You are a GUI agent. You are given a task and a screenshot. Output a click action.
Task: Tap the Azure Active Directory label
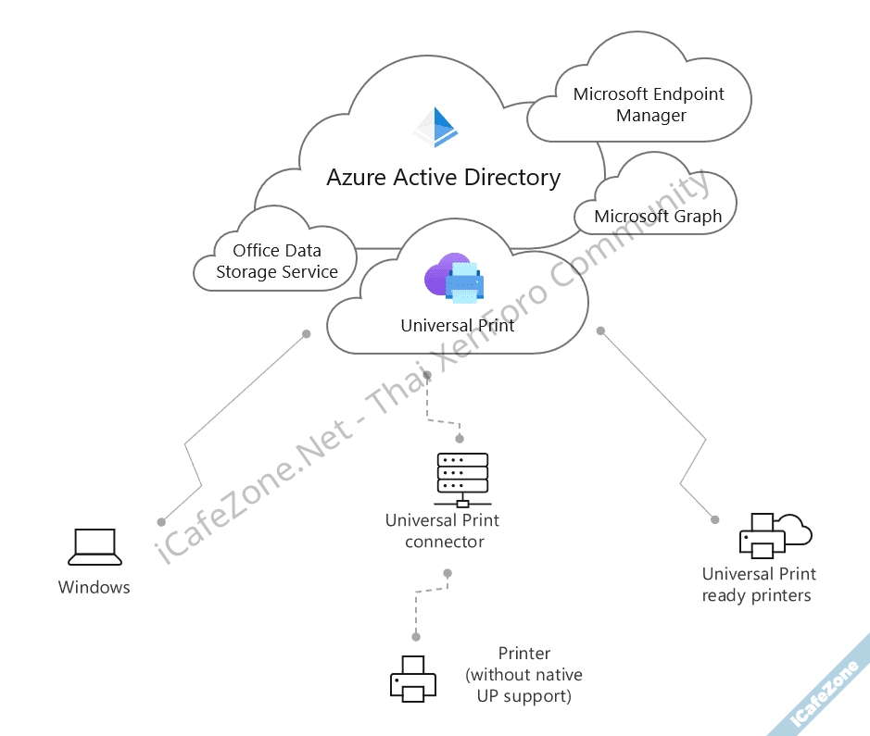click(x=443, y=177)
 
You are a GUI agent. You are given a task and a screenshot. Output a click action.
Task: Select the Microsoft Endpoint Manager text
click(x=649, y=105)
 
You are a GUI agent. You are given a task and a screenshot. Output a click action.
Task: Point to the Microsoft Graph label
click(x=658, y=217)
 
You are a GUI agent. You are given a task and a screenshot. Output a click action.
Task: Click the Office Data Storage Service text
click(x=277, y=261)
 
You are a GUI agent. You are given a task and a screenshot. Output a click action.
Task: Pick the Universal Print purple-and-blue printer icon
click(x=455, y=281)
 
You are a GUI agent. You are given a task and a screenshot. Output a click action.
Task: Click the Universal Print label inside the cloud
click(x=458, y=326)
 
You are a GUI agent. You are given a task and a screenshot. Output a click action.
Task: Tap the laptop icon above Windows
click(x=95, y=547)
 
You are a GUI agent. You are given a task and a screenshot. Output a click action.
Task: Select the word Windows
click(x=95, y=587)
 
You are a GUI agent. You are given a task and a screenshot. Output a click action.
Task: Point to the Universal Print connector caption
click(x=444, y=530)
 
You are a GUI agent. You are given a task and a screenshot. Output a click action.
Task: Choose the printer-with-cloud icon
click(x=773, y=536)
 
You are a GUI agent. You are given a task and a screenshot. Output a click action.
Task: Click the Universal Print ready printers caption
click(x=758, y=584)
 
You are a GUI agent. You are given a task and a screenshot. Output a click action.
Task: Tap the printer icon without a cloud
click(x=413, y=678)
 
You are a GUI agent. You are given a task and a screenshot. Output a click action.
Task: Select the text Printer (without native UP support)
click(x=524, y=675)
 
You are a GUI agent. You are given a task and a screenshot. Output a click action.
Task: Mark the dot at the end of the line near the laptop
click(x=161, y=521)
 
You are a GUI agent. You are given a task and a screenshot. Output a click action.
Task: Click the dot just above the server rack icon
click(x=460, y=440)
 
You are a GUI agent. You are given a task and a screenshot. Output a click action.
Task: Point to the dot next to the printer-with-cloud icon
click(x=715, y=519)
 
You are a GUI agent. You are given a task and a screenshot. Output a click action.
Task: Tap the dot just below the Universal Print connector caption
click(x=448, y=573)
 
